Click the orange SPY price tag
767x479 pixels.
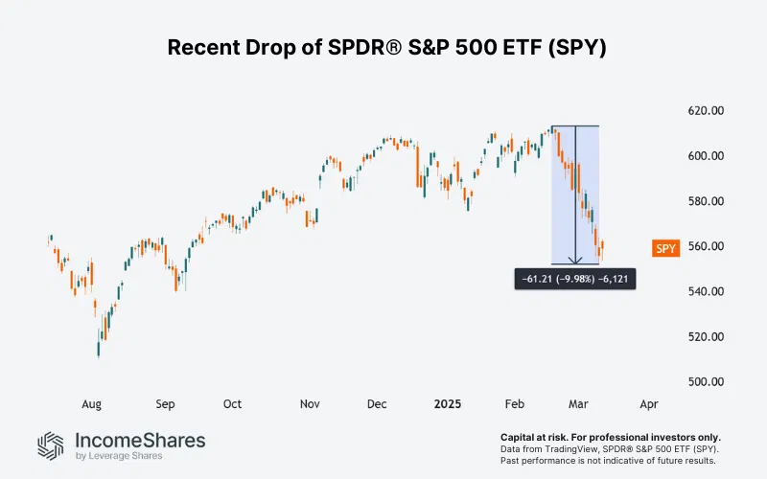point(665,248)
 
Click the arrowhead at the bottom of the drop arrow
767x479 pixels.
point(575,260)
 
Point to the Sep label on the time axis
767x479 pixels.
point(165,404)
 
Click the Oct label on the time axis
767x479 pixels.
point(233,404)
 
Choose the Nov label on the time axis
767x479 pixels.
point(308,404)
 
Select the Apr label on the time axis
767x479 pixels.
point(649,404)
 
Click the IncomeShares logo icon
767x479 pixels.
point(51,445)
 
